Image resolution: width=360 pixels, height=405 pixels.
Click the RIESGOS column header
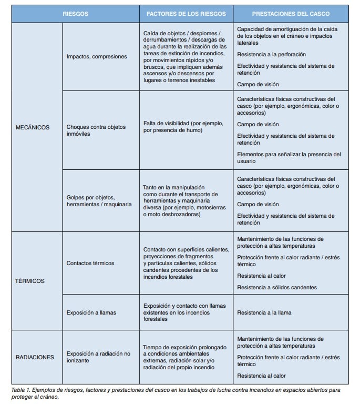pos(75,14)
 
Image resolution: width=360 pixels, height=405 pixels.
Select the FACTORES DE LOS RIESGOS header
pos(187,14)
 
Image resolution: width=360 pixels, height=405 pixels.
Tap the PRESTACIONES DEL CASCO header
pos(291,14)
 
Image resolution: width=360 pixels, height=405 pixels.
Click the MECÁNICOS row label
pos(33,127)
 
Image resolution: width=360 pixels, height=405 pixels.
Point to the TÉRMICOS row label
pos(30,281)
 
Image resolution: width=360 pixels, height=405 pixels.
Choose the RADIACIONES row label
pos(34,357)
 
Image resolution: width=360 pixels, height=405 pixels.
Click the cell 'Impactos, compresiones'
pos(97,56)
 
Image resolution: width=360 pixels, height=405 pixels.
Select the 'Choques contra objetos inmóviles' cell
pos(96,130)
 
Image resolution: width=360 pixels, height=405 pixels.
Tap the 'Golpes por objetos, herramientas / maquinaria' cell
pos(99,200)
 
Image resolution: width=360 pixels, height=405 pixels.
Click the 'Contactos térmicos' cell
pos(90,263)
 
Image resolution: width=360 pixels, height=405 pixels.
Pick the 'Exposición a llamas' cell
pos(91,312)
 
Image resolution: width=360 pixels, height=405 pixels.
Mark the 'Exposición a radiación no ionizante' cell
pos(98,357)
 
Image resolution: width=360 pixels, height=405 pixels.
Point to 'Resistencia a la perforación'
pos(279,54)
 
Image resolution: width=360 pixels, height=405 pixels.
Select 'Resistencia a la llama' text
pos(271,312)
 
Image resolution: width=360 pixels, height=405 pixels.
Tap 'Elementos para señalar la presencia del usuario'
pos(289,158)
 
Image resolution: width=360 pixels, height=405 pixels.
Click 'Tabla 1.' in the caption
pos(23,390)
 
